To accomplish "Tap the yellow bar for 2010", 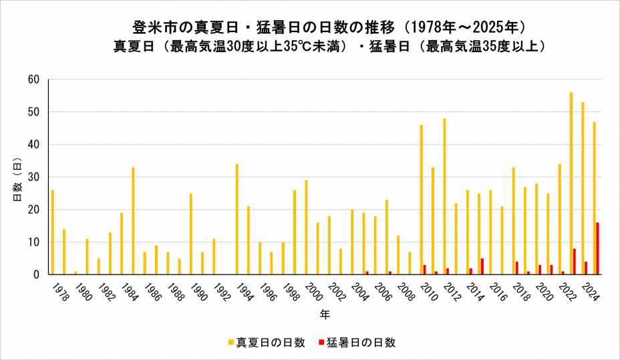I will tap(422, 200).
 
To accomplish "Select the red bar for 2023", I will tap(575, 262).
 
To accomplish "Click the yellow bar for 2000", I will tap(306, 227).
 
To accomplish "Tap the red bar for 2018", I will tap(517, 268).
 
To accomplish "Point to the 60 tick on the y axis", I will tap(35, 79).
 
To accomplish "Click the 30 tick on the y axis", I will tap(35, 177).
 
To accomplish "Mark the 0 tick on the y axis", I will tap(37, 275).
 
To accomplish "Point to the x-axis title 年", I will tap(324, 313).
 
